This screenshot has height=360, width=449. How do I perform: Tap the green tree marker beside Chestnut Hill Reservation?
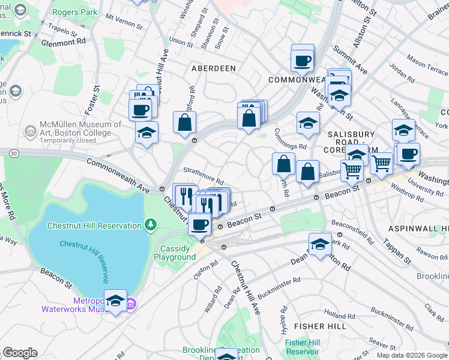coord(151,226)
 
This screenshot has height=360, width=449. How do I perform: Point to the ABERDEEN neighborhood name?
coord(213,68)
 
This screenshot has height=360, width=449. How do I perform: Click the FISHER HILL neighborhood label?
coord(318,326)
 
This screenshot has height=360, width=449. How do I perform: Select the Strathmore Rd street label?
coord(203,176)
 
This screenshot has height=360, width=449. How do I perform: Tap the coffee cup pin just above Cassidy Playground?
coord(200,224)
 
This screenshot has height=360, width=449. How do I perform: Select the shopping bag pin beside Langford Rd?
coord(185,122)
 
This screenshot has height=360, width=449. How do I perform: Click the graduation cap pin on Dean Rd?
coord(320,244)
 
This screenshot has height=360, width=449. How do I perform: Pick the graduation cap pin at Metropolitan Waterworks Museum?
coord(116,301)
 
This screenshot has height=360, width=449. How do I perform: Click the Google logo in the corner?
coord(20,353)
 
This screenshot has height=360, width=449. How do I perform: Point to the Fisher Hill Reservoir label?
coord(303,346)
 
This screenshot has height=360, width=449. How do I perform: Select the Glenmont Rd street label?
coord(63,43)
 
